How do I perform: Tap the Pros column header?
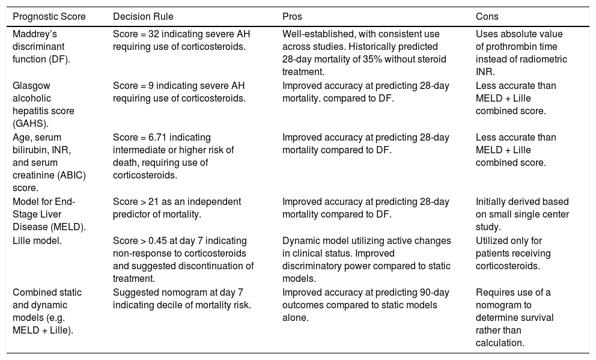click(x=293, y=16)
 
